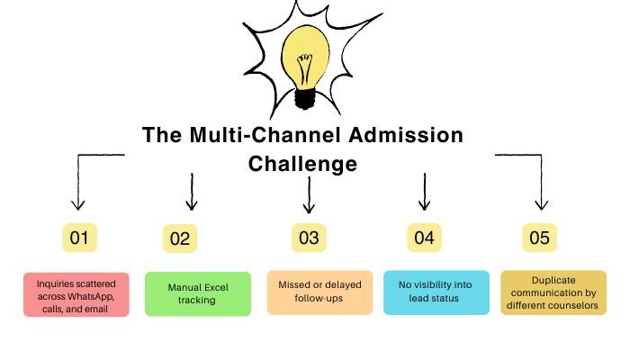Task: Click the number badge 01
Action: pos(79,238)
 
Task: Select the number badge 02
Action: pos(179,239)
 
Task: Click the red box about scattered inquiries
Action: pos(77,293)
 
